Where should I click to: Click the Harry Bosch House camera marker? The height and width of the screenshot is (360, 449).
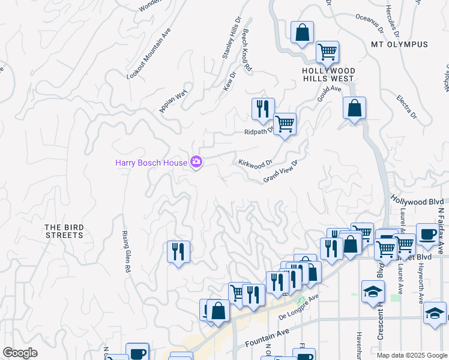click(196, 162)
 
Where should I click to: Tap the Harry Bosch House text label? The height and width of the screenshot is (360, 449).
click(151, 163)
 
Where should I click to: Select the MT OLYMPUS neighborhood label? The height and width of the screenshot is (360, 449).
click(399, 44)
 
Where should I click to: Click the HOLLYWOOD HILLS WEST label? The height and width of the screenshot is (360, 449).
click(328, 74)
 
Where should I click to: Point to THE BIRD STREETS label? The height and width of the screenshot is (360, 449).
click(64, 231)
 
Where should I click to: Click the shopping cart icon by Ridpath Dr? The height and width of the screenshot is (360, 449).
click(285, 124)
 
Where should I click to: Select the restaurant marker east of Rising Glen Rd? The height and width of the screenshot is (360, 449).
click(178, 251)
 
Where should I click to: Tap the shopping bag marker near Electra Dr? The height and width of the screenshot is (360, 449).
click(355, 109)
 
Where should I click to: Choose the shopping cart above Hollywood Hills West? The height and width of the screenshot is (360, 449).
click(327, 52)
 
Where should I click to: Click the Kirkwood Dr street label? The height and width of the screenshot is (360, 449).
click(256, 163)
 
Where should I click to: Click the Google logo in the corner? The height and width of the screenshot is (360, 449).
click(20, 353)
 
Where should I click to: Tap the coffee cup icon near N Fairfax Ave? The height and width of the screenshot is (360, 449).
click(427, 235)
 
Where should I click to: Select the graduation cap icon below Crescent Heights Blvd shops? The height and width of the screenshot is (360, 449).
click(373, 292)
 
